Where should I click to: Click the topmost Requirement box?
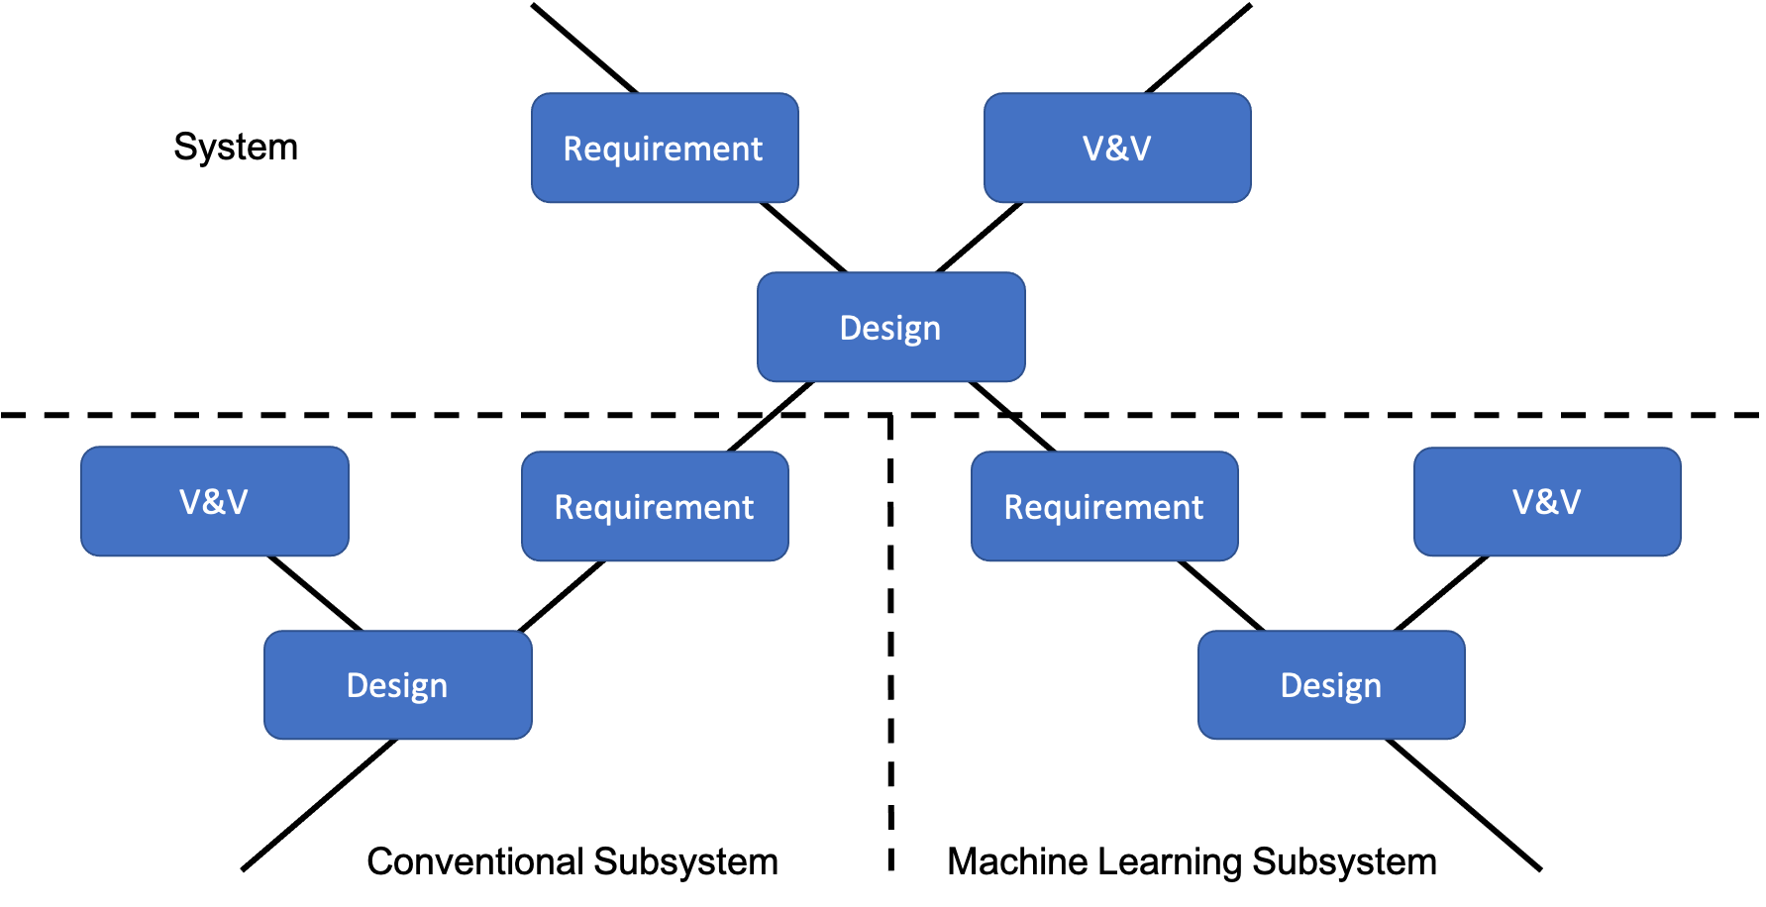665,149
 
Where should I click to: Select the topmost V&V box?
1117,149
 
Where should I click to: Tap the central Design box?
890,328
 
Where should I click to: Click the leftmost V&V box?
215,502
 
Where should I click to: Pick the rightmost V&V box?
1547,502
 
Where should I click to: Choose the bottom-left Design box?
397,685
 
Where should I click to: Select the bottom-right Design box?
1331,685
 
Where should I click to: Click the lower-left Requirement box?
655,507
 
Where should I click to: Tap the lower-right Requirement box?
1104,507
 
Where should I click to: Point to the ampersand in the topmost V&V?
1117,149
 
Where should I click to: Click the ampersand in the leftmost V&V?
214,502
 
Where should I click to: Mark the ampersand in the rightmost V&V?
1547,502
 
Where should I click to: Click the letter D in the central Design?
851,328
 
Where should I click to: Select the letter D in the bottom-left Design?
358,685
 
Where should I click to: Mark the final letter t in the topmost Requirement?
757,150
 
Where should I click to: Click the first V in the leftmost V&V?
190,502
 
